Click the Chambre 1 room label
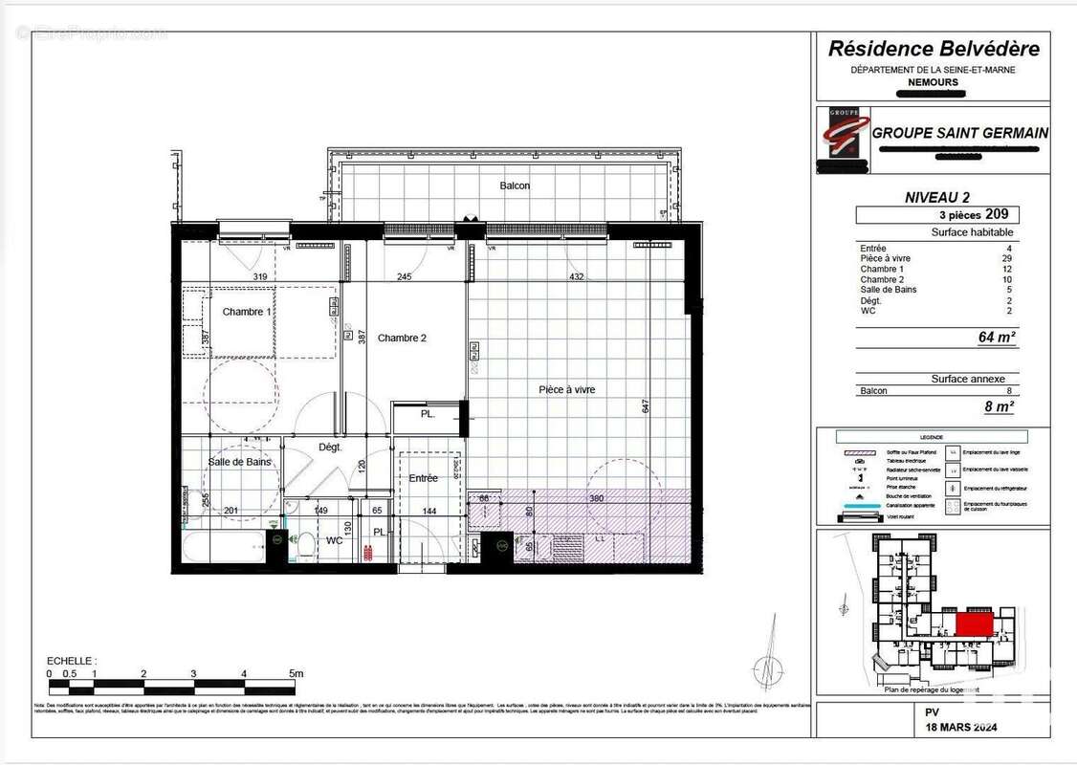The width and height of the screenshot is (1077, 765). pyautogui.click(x=247, y=312)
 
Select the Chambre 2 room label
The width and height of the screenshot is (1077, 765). pyautogui.click(x=402, y=338)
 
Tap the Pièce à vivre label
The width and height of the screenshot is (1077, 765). pyautogui.click(x=567, y=389)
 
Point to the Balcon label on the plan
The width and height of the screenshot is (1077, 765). pyautogui.click(x=514, y=186)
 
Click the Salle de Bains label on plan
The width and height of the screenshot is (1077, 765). pyautogui.click(x=239, y=462)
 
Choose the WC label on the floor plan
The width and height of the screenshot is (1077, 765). pyautogui.click(x=334, y=540)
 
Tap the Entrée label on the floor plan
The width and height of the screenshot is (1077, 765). pyautogui.click(x=423, y=478)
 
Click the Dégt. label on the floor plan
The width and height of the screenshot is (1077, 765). pyautogui.click(x=330, y=447)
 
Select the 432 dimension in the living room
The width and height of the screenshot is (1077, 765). pyautogui.click(x=577, y=277)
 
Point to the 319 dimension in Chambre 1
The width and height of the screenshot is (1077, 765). pyautogui.click(x=259, y=277)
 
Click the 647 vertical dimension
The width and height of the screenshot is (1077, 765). pyautogui.click(x=646, y=406)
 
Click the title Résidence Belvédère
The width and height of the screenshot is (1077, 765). pyautogui.click(x=933, y=49)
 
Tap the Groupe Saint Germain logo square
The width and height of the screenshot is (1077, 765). pyautogui.click(x=844, y=140)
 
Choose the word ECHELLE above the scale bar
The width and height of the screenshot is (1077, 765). pyautogui.click(x=71, y=661)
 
